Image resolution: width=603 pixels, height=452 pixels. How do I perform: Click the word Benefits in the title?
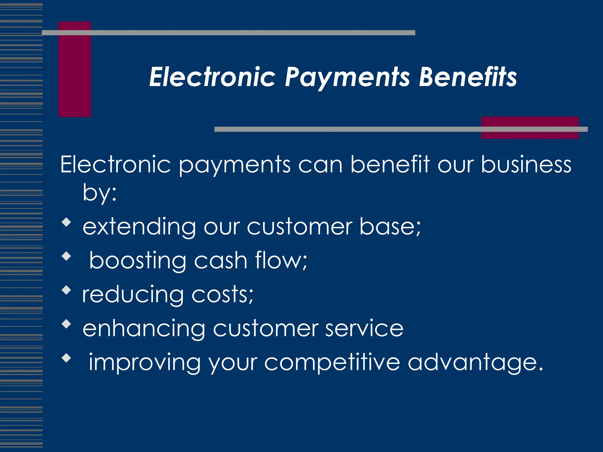point(468,77)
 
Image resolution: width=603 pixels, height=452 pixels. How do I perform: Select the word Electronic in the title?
point(212,77)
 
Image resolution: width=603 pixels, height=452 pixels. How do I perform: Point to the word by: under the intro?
point(100,193)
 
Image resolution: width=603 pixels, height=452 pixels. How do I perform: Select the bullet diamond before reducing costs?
point(67,290)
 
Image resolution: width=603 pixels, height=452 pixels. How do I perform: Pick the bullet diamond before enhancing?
point(67,324)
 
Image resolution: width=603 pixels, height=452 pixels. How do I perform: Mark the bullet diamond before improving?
point(67,358)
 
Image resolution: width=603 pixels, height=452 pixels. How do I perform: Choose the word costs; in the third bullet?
point(222,295)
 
